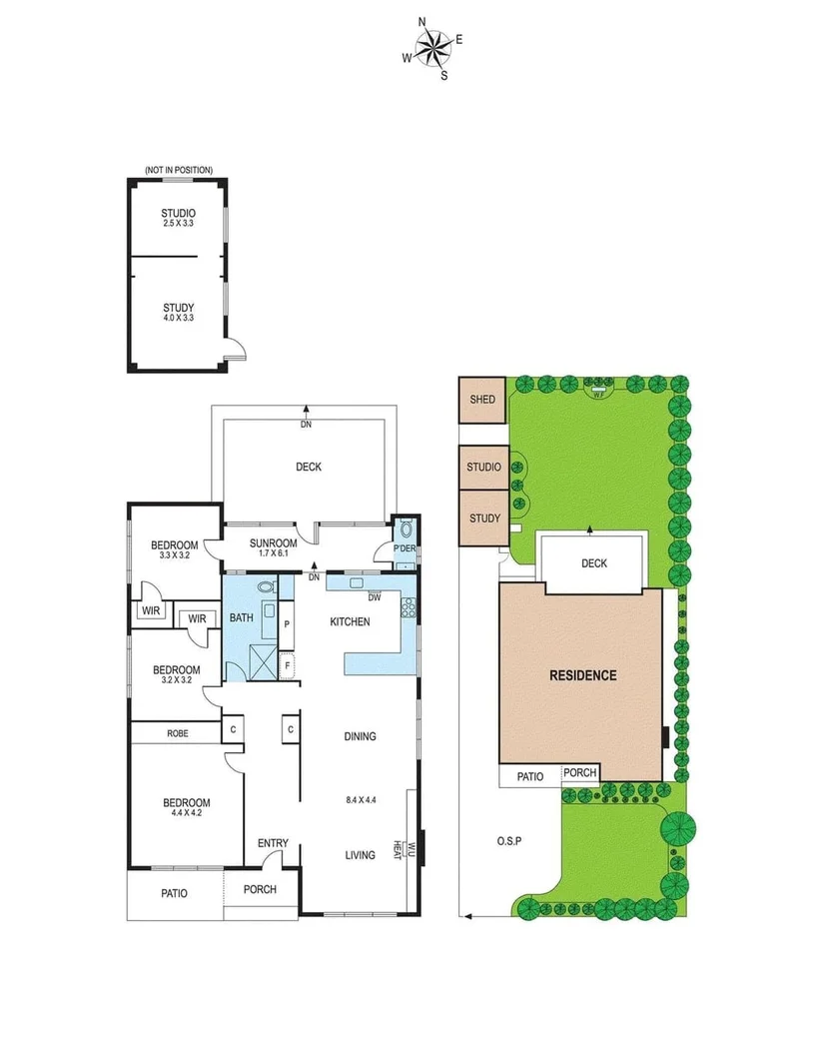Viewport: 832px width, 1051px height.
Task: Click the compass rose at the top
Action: (432, 47)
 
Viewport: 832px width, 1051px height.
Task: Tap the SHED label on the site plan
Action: (482, 400)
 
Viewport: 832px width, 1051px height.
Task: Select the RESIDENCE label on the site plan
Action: (583, 675)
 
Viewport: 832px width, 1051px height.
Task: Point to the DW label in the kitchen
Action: (375, 597)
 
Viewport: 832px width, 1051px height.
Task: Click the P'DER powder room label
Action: (405, 548)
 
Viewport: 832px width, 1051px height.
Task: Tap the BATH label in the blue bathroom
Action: (241, 618)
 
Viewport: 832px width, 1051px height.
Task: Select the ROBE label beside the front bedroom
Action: (177, 733)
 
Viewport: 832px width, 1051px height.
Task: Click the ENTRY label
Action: (273, 843)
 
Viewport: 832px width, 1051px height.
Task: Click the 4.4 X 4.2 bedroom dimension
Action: (187, 813)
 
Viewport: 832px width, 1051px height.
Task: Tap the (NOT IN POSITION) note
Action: (179, 171)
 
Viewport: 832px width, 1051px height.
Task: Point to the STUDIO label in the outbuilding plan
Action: (178, 213)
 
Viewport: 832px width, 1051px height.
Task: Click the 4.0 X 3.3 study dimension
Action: (178, 318)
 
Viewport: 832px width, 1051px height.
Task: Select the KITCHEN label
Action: (350, 621)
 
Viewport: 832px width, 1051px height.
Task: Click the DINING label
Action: (360, 736)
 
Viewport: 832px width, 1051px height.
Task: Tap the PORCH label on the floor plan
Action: (260, 889)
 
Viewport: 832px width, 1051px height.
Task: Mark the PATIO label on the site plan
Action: (529, 776)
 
